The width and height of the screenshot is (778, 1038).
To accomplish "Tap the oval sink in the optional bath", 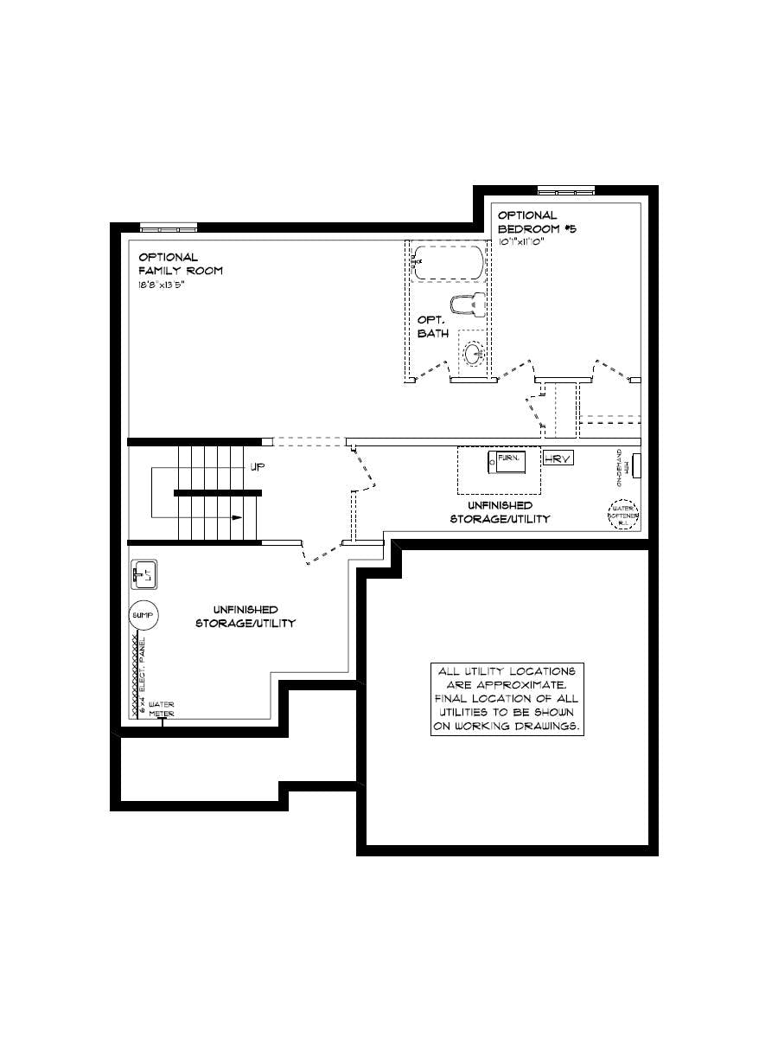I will pyautogui.click(x=474, y=353).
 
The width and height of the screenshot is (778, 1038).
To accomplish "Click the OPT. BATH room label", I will pyautogui.click(x=433, y=327).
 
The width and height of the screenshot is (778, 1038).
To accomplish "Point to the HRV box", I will pyautogui.click(x=558, y=459).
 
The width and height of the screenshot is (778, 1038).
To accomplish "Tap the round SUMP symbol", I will pyautogui.click(x=143, y=615).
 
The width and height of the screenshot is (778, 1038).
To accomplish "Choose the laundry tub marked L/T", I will pyautogui.click(x=143, y=573).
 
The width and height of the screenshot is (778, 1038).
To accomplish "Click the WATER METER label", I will pyautogui.click(x=162, y=708).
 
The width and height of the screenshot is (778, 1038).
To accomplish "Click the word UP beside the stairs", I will pyautogui.click(x=257, y=467).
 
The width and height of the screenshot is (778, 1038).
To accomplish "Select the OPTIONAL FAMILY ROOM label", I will pyautogui.click(x=180, y=264).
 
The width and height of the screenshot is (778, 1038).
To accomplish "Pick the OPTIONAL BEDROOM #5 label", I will pyautogui.click(x=535, y=221).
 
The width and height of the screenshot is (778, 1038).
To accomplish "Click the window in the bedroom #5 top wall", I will pyautogui.click(x=565, y=191).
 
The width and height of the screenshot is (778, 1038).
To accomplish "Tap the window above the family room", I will pyautogui.click(x=169, y=228).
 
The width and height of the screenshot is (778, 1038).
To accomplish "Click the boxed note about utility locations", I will pyautogui.click(x=507, y=700).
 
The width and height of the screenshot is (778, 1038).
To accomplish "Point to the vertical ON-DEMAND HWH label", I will pyautogui.click(x=620, y=468).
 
